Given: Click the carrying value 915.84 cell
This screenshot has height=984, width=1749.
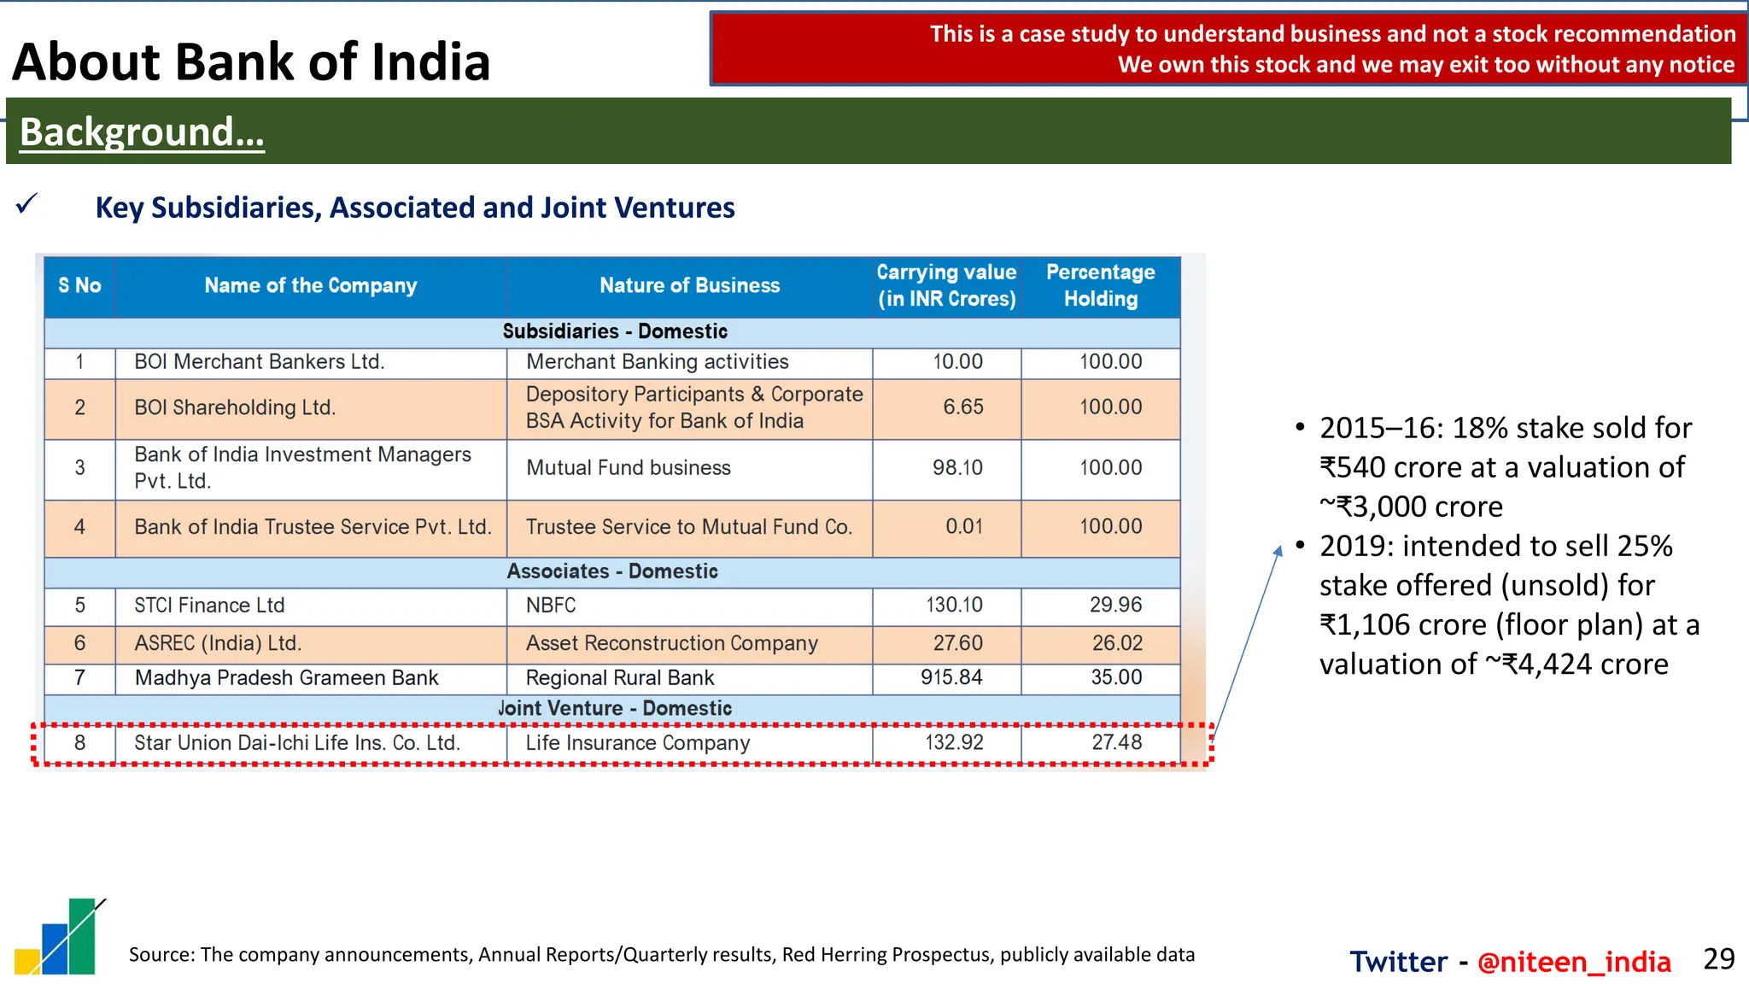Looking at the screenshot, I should tap(951, 677).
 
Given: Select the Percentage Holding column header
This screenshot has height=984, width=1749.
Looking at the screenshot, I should tap(1100, 285).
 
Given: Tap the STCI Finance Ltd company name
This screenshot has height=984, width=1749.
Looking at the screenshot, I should tap(209, 605).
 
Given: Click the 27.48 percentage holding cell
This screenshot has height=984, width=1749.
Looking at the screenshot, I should tap(1116, 742).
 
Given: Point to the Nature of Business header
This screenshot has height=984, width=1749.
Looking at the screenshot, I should tap(689, 285).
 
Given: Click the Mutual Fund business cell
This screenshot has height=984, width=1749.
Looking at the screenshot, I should tap(629, 467).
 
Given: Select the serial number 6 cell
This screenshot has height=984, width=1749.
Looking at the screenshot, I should tap(79, 642).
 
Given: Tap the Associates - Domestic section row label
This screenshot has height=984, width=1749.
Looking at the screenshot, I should tap(612, 571).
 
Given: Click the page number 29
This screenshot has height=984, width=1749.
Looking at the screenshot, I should tap(1718, 959).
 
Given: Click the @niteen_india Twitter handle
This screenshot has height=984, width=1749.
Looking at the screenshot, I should tap(1573, 962).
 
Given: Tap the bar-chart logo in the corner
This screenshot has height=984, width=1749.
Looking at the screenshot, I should tap(60, 937).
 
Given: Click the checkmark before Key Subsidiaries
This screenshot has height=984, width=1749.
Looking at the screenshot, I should tap(27, 204).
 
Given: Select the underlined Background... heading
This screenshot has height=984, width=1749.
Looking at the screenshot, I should tap(142, 132).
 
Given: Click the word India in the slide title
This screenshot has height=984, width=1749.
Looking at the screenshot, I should tap(435, 62).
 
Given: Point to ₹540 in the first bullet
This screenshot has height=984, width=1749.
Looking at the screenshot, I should tap(1352, 467).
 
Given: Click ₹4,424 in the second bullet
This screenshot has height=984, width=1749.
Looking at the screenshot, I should tap(1547, 664).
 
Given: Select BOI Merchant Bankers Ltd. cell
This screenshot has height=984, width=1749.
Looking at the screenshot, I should tap(260, 361).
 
